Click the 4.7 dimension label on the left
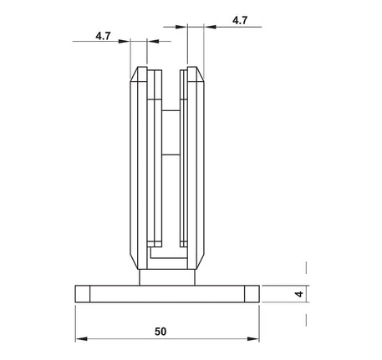[x=104, y=37]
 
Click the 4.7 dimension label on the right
[x=239, y=20]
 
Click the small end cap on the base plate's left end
[x=82, y=293]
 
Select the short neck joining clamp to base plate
[x=167, y=276]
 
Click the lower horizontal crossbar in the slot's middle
[x=171, y=155]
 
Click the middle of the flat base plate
[x=167, y=293]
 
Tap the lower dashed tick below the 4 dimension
[x=307, y=318]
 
